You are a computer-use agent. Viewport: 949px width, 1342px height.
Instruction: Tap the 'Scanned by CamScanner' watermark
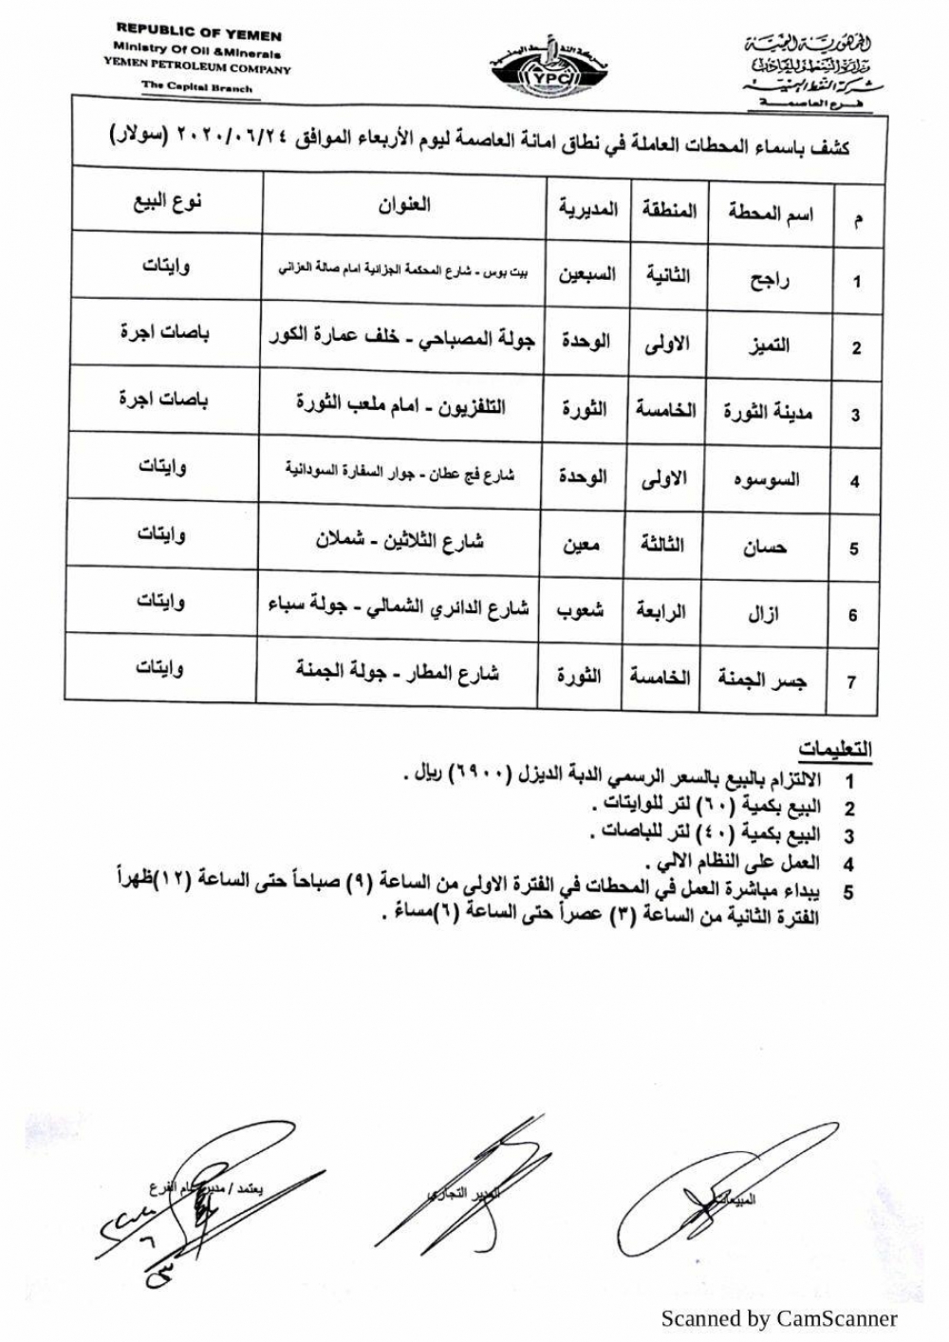pyautogui.click(x=778, y=1317)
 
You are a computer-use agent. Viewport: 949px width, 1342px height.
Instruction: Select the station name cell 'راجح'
pyautogui.click(x=770, y=280)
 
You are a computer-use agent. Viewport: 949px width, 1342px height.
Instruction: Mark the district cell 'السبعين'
pyautogui.click(x=586, y=275)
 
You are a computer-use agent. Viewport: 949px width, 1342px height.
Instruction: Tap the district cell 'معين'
pyautogui.click(x=581, y=545)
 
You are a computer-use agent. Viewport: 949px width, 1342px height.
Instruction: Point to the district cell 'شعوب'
pyautogui.click(x=580, y=610)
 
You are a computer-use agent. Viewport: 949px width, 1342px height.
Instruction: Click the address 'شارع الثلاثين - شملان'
pyautogui.click(x=400, y=541)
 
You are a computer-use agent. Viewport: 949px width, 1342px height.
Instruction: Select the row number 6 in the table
pyautogui.click(x=852, y=616)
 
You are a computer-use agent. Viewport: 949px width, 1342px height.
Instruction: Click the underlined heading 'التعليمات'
pyautogui.click(x=834, y=750)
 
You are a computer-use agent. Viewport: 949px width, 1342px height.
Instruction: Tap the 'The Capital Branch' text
pyautogui.click(x=197, y=87)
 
